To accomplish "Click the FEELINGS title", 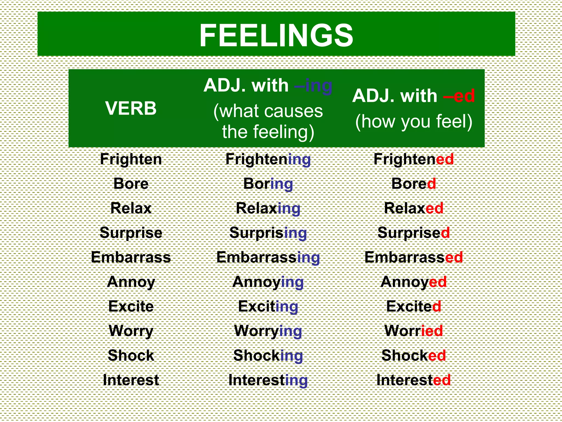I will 276,35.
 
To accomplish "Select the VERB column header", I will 131,108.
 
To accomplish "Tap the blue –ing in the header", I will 313,86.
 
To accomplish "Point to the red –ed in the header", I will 459,96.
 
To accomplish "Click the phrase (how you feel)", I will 414,121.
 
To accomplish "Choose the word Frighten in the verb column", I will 131,159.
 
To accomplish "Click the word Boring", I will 268,184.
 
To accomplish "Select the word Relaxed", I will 414,208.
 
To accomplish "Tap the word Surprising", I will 268,233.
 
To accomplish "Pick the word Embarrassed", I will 414,257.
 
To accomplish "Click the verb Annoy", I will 131,282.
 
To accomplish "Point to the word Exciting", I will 268,307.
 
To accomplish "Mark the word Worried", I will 414,331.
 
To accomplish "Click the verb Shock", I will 131,356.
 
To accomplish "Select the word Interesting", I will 268,380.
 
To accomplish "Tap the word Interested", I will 414,380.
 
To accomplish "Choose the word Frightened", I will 414,159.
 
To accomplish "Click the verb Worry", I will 131,331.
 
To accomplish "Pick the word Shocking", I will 268,356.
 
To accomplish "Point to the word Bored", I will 414,184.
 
